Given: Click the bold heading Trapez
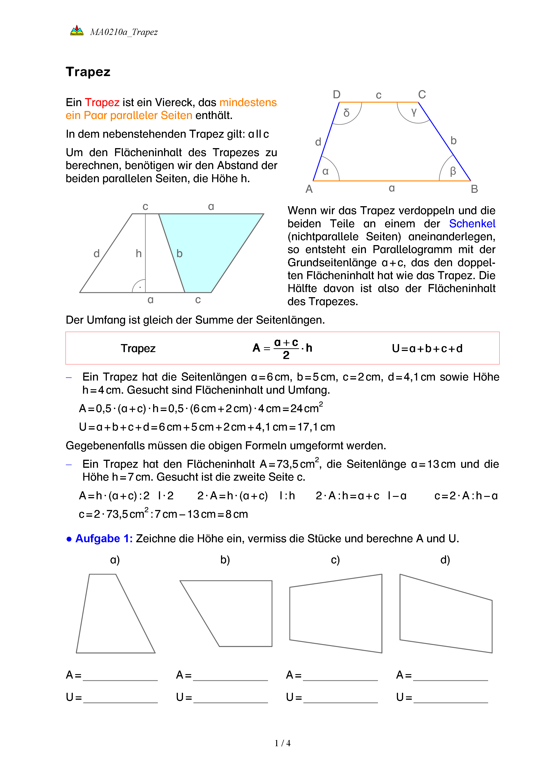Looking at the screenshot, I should [88, 72].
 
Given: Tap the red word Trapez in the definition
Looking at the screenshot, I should [102, 102].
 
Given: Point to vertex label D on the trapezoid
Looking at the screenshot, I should [337, 95].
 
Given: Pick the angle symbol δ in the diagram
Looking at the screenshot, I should [346, 113].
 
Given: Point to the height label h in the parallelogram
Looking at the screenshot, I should [139, 253].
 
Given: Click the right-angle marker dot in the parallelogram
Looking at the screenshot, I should [140, 287].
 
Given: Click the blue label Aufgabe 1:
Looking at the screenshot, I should [104, 538].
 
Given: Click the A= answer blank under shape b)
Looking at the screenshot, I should [230, 676].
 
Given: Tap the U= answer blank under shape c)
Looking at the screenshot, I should [340, 698].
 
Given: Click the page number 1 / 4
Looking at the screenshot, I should [282, 743].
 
